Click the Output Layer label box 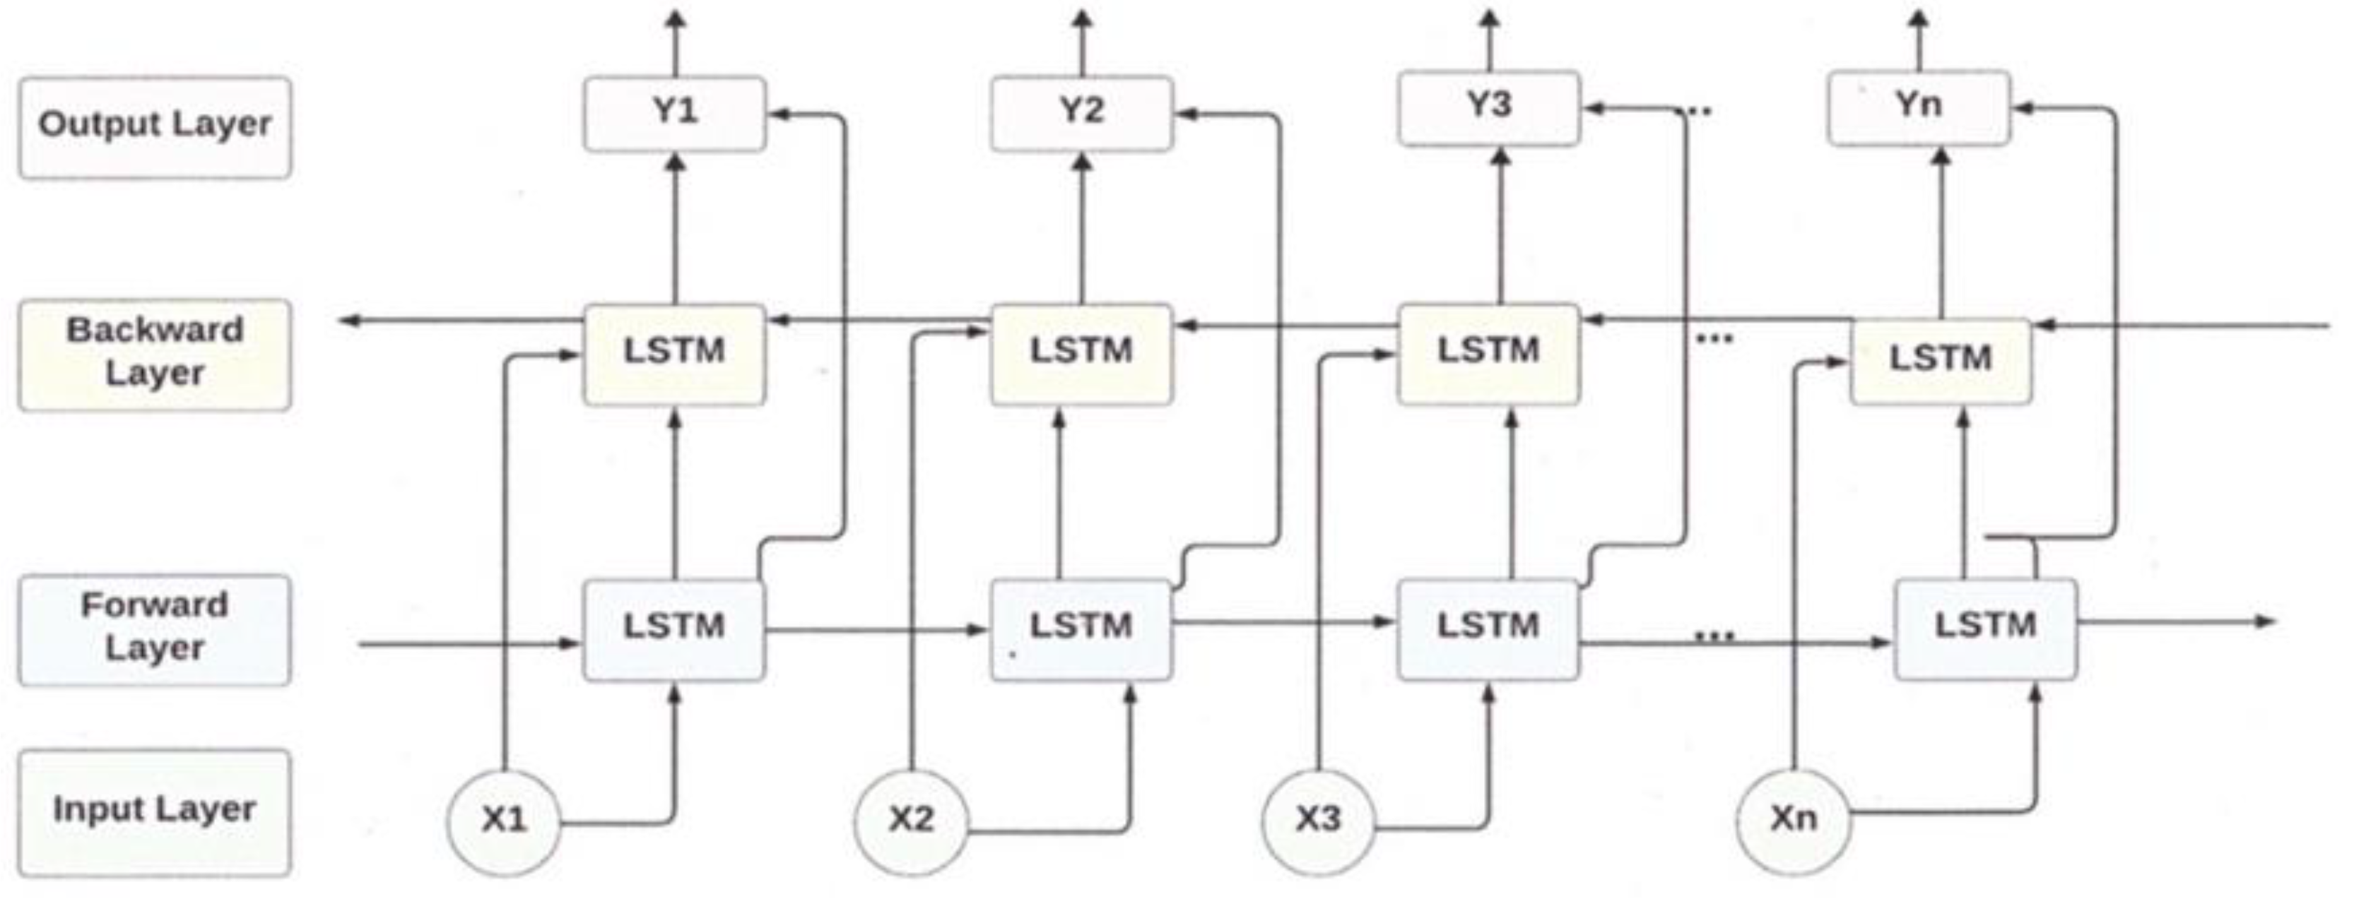155,127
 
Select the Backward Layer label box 155,355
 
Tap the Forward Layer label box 155,629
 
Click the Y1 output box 674,113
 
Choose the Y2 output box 1082,113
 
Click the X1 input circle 503,821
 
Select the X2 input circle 911,821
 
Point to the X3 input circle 1318,821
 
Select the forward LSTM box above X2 1082,629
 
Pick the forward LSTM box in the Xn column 1986,629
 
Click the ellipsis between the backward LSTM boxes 1714,339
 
